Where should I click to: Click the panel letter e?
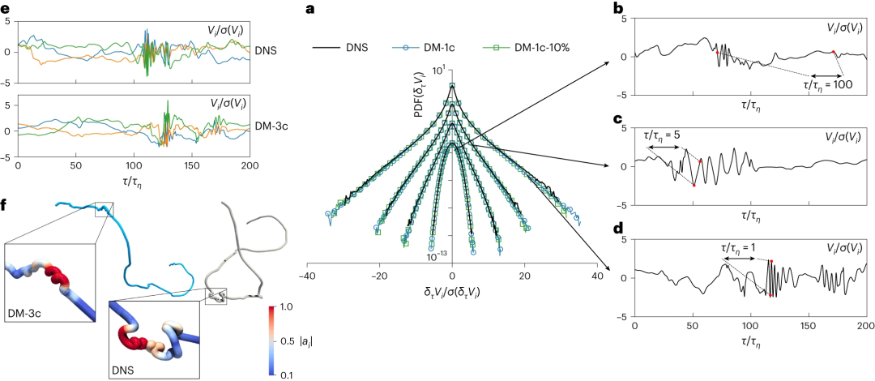click(x=5, y=9)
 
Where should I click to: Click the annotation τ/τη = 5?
click(x=669, y=135)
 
